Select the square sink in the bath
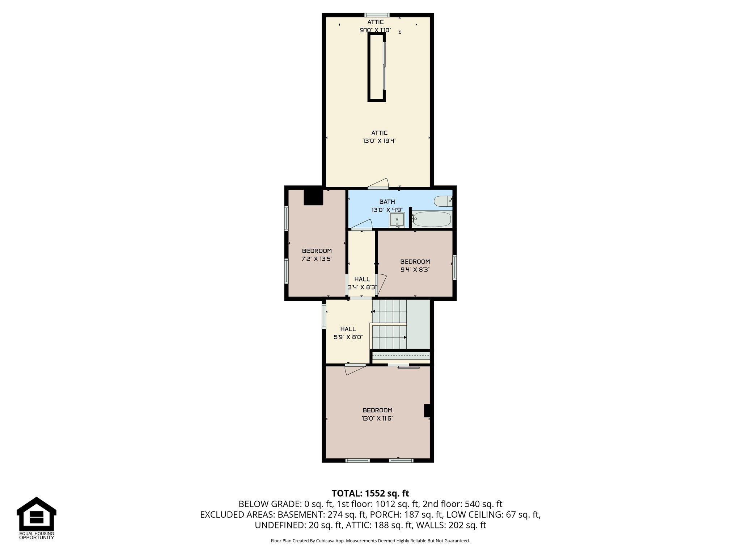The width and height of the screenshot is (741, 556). click(397, 220)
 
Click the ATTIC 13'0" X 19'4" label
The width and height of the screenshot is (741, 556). click(379, 137)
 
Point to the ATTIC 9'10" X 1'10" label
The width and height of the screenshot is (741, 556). click(375, 26)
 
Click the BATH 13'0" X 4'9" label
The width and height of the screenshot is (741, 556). click(387, 206)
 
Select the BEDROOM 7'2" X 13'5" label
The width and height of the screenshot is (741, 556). click(317, 255)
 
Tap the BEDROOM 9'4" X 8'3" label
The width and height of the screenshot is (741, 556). click(415, 265)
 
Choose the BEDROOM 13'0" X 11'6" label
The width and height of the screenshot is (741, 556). click(377, 414)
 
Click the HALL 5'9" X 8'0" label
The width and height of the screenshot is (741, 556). click(348, 333)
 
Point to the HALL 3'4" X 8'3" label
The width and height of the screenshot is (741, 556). click(362, 283)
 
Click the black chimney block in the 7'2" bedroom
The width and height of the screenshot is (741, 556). click(313, 197)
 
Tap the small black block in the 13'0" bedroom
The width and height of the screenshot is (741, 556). click(427, 410)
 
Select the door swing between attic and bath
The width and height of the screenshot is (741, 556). click(380, 183)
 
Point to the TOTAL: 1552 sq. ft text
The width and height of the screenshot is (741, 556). click(370, 493)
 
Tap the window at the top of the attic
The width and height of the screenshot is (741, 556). click(377, 15)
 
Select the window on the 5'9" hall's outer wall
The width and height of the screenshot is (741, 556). click(324, 316)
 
